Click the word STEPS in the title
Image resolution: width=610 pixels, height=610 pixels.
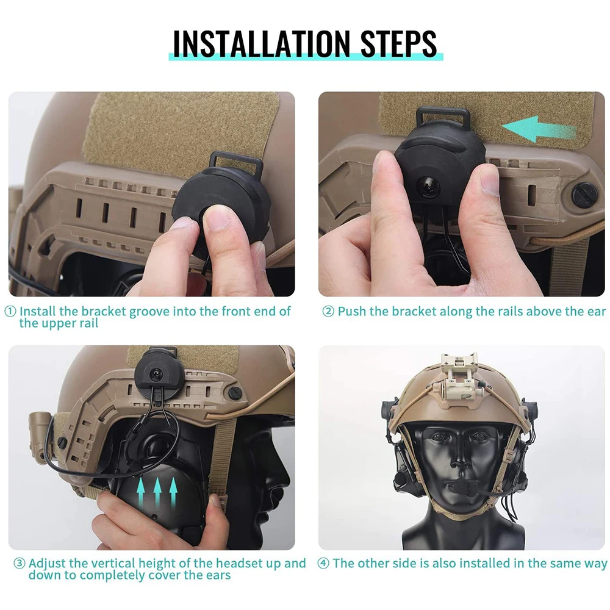pyautogui.click(x=399, y=43)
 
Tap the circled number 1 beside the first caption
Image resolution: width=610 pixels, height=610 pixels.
pyautogui.click(x=10, y=311)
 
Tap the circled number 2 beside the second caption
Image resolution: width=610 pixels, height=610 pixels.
pyautogui.click(x=328, y=311)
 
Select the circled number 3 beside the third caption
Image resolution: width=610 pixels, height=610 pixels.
pyautogui.click(x=20, y=563)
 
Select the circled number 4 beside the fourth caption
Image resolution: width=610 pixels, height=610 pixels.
pyautogui.click(x=323, y=563)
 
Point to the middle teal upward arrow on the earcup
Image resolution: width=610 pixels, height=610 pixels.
pyautogui.click(x=157, y=492)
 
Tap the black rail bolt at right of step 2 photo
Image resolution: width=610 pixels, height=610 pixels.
pyautogui.click(x=585, y=193)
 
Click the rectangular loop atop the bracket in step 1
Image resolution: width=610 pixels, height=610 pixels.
pyautogui.click(x=236, y=163)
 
